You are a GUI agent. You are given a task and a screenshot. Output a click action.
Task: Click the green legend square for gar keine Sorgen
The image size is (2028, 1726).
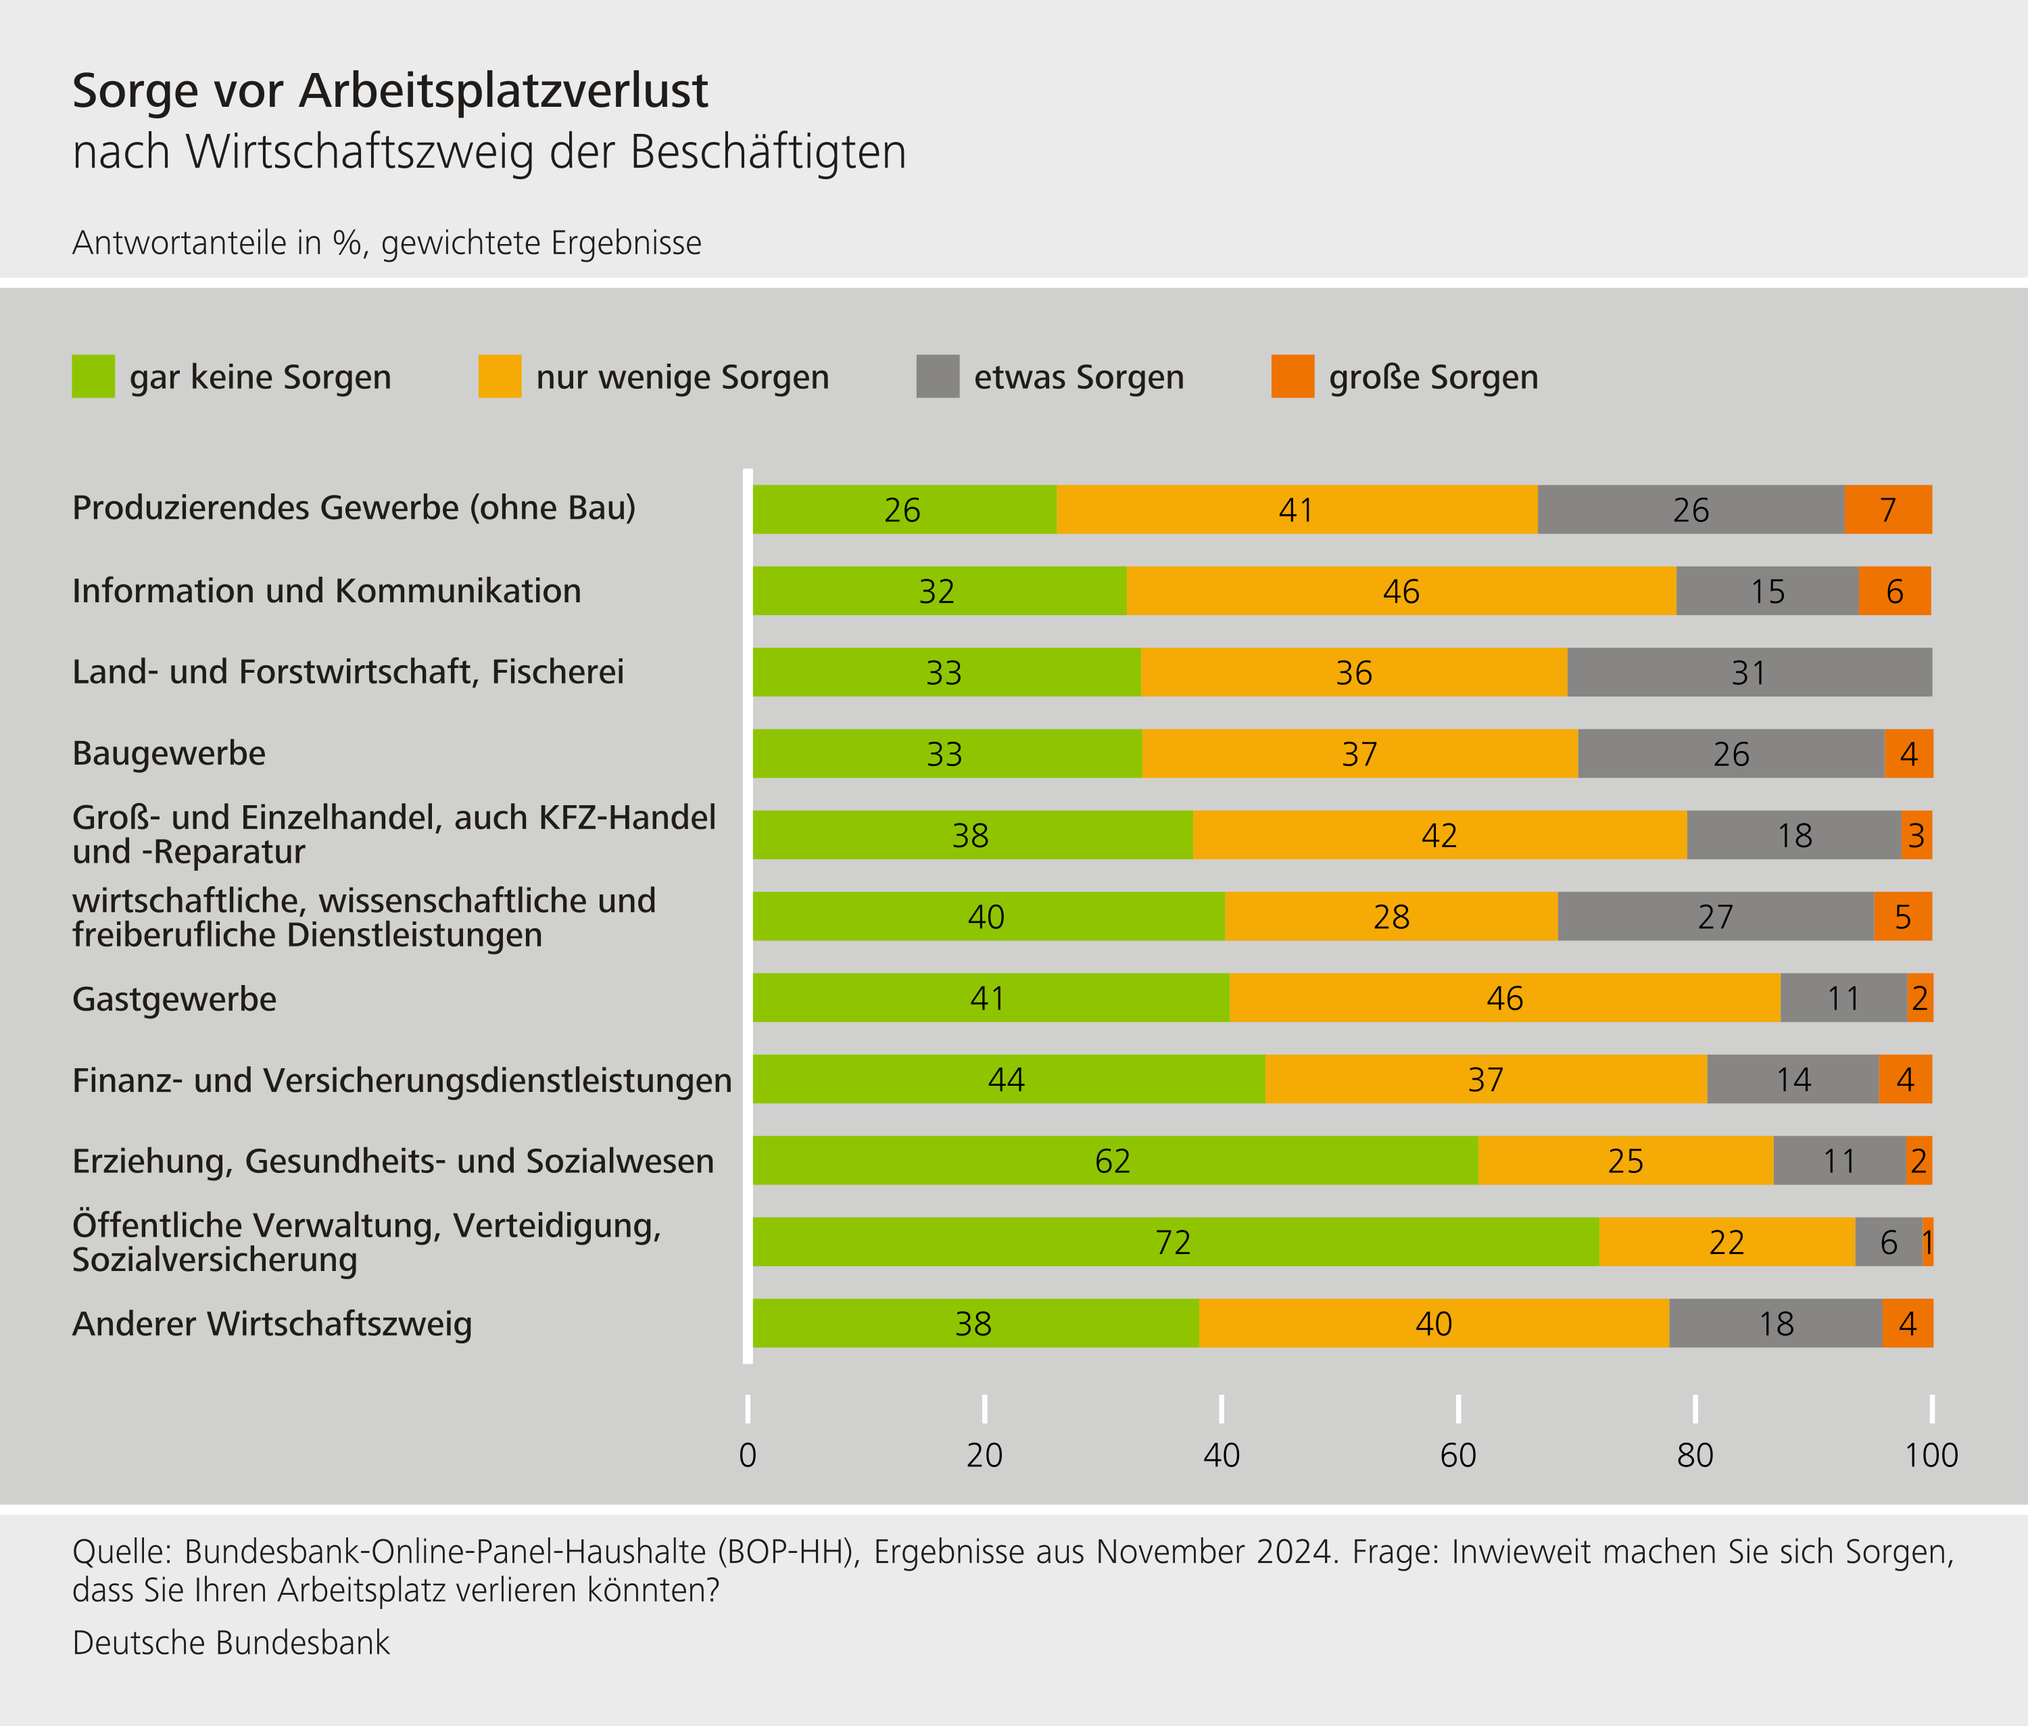point(93,377)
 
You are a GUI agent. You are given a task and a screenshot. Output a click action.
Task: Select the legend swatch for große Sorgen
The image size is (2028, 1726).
point(1293,377)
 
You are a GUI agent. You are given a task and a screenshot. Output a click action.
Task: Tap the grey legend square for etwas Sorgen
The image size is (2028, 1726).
point(937,377)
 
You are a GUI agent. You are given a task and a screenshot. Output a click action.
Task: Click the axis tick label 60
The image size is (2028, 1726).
point(1457,1455)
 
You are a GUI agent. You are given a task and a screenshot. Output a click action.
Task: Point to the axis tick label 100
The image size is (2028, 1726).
point(1930,1455)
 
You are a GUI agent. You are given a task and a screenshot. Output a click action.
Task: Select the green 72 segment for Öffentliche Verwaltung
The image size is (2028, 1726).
point(1174,1242)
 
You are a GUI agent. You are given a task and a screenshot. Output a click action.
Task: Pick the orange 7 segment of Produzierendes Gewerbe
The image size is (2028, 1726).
point(1887,510)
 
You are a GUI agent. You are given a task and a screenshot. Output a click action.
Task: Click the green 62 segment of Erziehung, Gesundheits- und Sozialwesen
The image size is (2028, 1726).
point(1113,1160)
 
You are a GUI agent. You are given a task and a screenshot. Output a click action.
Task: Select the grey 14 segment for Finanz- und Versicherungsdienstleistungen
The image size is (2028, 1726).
point(1792,1079)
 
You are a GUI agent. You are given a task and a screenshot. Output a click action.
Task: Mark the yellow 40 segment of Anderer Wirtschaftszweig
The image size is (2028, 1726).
point(1433,1323)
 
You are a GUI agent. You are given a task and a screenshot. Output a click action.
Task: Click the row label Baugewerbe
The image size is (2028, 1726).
point(169,753)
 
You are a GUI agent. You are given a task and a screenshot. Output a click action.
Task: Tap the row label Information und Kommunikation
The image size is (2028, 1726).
point(327,591)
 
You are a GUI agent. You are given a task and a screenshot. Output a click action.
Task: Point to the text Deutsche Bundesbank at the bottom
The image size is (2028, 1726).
point(231,1643)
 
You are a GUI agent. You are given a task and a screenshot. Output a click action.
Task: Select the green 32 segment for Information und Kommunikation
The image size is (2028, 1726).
point(937,591)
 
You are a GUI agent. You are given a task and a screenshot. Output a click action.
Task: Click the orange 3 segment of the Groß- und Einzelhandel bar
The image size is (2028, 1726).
point(1916,835)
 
